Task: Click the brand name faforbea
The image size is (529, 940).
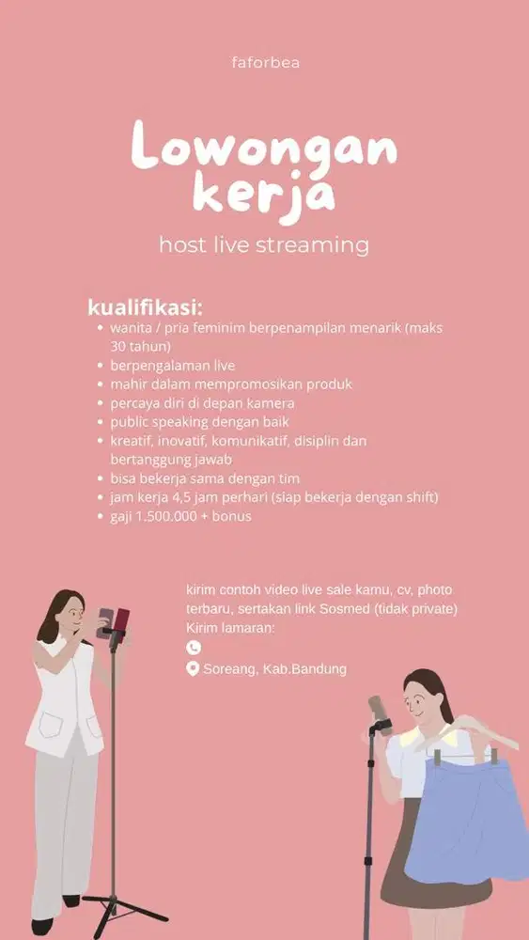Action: (265, 63)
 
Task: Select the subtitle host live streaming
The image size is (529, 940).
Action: (264, 245)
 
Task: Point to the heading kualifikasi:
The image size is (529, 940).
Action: (146, 307)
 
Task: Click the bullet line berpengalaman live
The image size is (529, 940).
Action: (173, 365)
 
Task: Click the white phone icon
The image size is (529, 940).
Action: (194, 647)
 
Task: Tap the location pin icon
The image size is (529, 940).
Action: (194, 669)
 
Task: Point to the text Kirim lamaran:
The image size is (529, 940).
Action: (230, 627)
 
